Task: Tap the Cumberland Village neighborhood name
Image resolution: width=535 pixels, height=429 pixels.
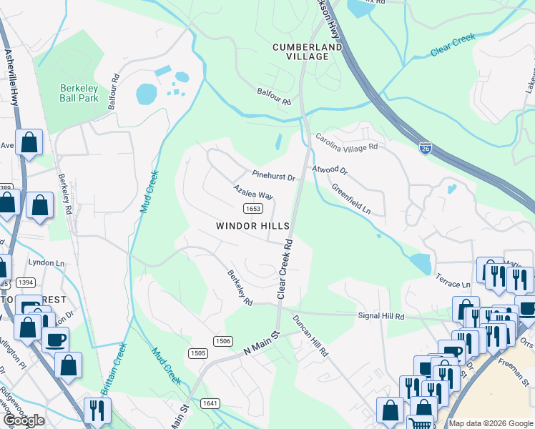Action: pyautogui.click(x=307, y=51)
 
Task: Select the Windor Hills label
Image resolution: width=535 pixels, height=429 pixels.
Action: pyautogui.click(x=252, y=226)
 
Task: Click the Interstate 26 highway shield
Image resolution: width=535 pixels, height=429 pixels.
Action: pyautogui.click(x=425, y=149)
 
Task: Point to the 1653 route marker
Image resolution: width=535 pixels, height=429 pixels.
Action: pyautogui.click(x=252, y=208)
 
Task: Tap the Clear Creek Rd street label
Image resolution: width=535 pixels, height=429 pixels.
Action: pyautogui.click(x=285, y=268)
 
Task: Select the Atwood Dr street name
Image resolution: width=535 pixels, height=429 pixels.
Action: pyautogui.click(x=329, y=171)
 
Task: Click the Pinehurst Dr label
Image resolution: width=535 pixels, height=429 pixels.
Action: pyautogui.click(x=273, y=174)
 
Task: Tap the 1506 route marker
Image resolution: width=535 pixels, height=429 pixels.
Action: pyautogui.click(x=222, y=342)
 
